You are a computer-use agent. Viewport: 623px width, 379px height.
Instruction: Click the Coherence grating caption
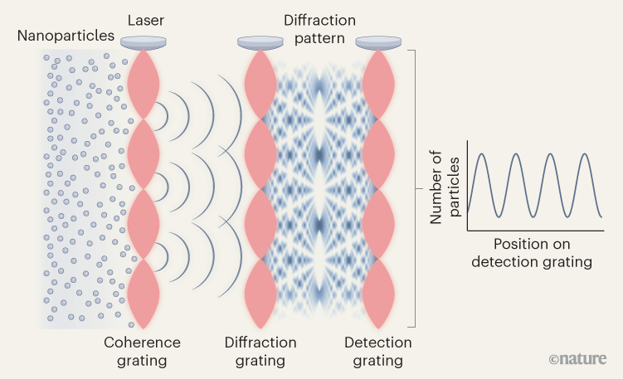(142, 352)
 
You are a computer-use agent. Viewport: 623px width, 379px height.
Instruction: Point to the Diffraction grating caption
(260, 352)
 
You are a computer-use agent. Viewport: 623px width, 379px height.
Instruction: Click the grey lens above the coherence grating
(142, 41)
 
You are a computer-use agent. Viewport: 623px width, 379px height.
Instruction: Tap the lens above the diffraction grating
(260, 41)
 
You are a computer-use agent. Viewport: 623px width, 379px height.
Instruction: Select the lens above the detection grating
(379, 41)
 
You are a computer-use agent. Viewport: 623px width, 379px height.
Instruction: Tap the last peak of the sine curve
(586, 155)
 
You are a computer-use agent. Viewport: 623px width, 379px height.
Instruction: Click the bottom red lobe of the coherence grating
(142, 294)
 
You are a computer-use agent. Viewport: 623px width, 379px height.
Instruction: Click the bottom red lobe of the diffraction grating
(260, 294)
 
